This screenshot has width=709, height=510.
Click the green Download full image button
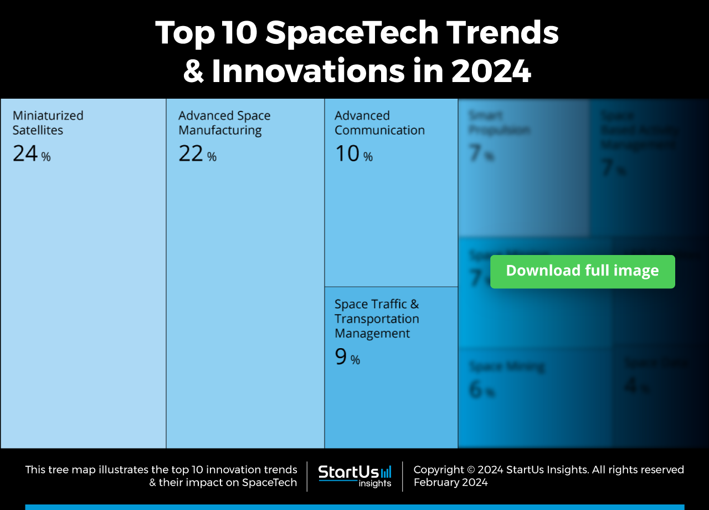[x=582, y=271]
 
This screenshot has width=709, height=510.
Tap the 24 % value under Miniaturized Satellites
[x=31, y=154]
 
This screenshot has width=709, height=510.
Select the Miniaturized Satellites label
[x=48, y=123]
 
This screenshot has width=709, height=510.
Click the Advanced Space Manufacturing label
[x=224, y=123]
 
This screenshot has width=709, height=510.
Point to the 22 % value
[x=197, y=154]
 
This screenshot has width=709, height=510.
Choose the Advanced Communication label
[x=379, y=123]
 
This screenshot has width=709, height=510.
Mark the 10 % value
[x=353, y=154]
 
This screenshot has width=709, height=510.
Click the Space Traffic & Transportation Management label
[x=376, y=319]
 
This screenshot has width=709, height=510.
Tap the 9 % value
[x=347, y=357]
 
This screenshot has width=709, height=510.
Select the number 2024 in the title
[x=491, y=71]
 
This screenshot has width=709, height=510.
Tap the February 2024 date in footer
[x=450, y=482]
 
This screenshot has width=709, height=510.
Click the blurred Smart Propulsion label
[x=499, y=123]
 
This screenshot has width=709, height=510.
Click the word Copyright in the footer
[x=439, y=470]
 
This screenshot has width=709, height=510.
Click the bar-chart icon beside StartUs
[x=386, y=472]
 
